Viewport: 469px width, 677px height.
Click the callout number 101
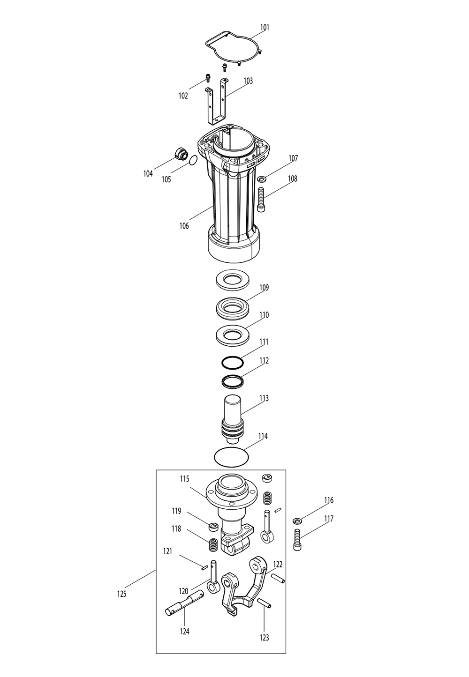(265, 28)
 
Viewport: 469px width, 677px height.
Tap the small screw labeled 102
(207, 77)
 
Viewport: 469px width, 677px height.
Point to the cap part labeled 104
(180, 154)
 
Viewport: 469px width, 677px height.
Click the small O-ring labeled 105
(192, 161)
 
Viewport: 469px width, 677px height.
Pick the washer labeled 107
(262, 179)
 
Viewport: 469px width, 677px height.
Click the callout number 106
(184, 226)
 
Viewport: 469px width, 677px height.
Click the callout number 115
(184, 479)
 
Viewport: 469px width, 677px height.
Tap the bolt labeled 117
(297, 540)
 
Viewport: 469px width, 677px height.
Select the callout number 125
(121, 594)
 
